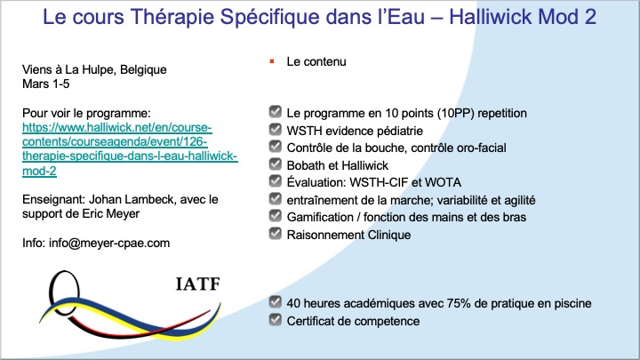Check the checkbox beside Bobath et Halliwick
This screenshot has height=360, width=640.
pyautogui.click(x=274, y=165)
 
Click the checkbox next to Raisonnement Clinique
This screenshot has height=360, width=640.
pyautogui.click(x=274, y=235)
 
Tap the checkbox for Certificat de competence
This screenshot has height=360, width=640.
pyautogui.click(x=274, y=321)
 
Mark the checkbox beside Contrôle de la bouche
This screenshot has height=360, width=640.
pyautogui.click(x=274, y=148)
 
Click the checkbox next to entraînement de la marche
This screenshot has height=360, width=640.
pyautogui.click(x=274, y=200)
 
